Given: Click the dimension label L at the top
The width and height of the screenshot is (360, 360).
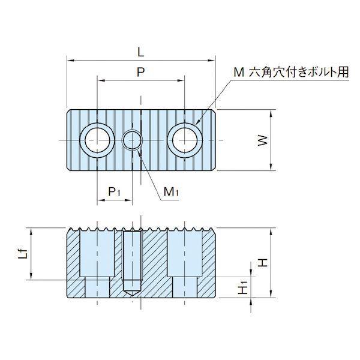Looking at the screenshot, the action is point(141,52).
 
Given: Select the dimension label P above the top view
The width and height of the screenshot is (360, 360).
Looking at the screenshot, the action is point(141,72).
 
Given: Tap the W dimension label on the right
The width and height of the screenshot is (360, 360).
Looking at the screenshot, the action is point(263,140).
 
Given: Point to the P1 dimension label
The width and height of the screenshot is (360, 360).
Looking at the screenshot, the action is point(114,191).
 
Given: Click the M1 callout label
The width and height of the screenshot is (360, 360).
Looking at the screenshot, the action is point(171,192).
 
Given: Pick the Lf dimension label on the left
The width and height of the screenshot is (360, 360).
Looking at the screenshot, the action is point(23,254).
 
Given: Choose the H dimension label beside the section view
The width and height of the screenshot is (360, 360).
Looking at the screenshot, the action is point(263,262).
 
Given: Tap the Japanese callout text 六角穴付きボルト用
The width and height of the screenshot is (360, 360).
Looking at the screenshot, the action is point(299,73).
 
